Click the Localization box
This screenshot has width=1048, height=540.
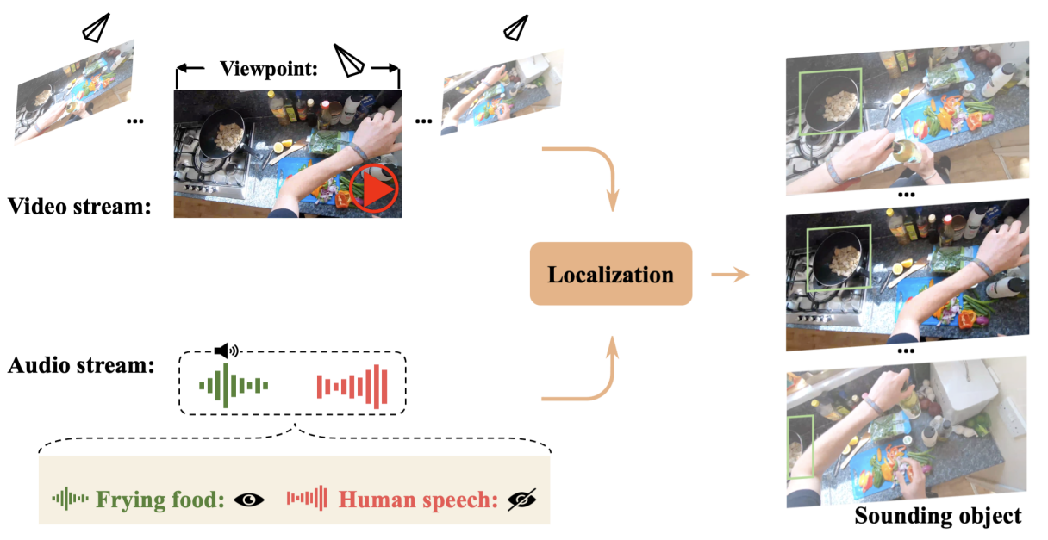point(610,274)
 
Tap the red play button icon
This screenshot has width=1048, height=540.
point(374,188)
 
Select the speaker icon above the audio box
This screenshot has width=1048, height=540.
point(227,351)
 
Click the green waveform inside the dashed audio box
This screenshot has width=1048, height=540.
point(234,386)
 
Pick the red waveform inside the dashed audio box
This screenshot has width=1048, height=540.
point(352,387)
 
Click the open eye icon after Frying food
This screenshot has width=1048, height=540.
point(249,500)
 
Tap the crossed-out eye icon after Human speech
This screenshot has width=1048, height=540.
point(522,500)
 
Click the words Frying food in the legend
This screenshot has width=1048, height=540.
point(160,500)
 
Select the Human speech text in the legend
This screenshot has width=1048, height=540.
point(418,500)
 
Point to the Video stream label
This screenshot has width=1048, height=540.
point(79,206)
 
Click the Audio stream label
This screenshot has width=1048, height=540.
point(81,365)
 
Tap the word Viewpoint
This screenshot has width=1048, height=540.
point(269,69)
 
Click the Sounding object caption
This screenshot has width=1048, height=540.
point(938,517)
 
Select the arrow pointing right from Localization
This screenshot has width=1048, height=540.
point(730,275)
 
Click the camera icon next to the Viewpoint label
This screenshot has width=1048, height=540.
point(348,61)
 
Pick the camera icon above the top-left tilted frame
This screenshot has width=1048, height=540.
point(97,28)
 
